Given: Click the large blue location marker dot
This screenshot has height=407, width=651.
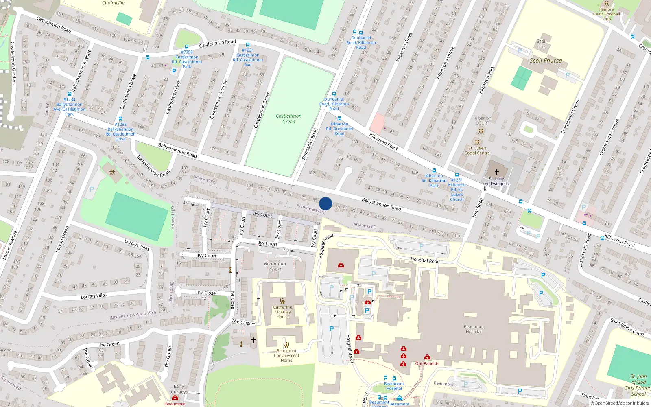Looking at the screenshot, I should (325, 203).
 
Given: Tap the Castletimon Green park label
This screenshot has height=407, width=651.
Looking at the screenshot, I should (288, 119).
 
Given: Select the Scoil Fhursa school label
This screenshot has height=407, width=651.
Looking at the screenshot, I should (546, 61).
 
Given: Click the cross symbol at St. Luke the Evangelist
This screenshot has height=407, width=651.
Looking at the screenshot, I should (496, 172).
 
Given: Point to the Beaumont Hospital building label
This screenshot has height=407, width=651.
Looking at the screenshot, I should (474, 329).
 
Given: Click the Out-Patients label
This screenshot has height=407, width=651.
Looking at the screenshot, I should (427, 363).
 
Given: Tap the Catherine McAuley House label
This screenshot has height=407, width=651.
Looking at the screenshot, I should (282, 312).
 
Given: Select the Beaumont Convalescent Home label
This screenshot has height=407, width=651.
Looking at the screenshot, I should (286, 355).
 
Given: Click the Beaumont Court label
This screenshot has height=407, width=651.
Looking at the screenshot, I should (275, 266).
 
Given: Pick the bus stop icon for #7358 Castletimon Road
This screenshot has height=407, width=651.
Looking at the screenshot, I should (187, 47).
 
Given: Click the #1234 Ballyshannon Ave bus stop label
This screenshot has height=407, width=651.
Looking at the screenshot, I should (69, 107).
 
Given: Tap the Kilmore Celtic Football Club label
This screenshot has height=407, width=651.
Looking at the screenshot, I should (606, 14).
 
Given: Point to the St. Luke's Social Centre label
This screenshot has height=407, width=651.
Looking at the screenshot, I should (477, 151).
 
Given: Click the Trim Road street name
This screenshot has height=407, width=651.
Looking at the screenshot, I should (478, 208).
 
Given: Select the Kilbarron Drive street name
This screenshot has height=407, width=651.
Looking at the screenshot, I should (404, 47).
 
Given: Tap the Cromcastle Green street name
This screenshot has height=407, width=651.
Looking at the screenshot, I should (570, 116).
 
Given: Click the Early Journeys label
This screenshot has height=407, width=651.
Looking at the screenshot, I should (179, 389).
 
